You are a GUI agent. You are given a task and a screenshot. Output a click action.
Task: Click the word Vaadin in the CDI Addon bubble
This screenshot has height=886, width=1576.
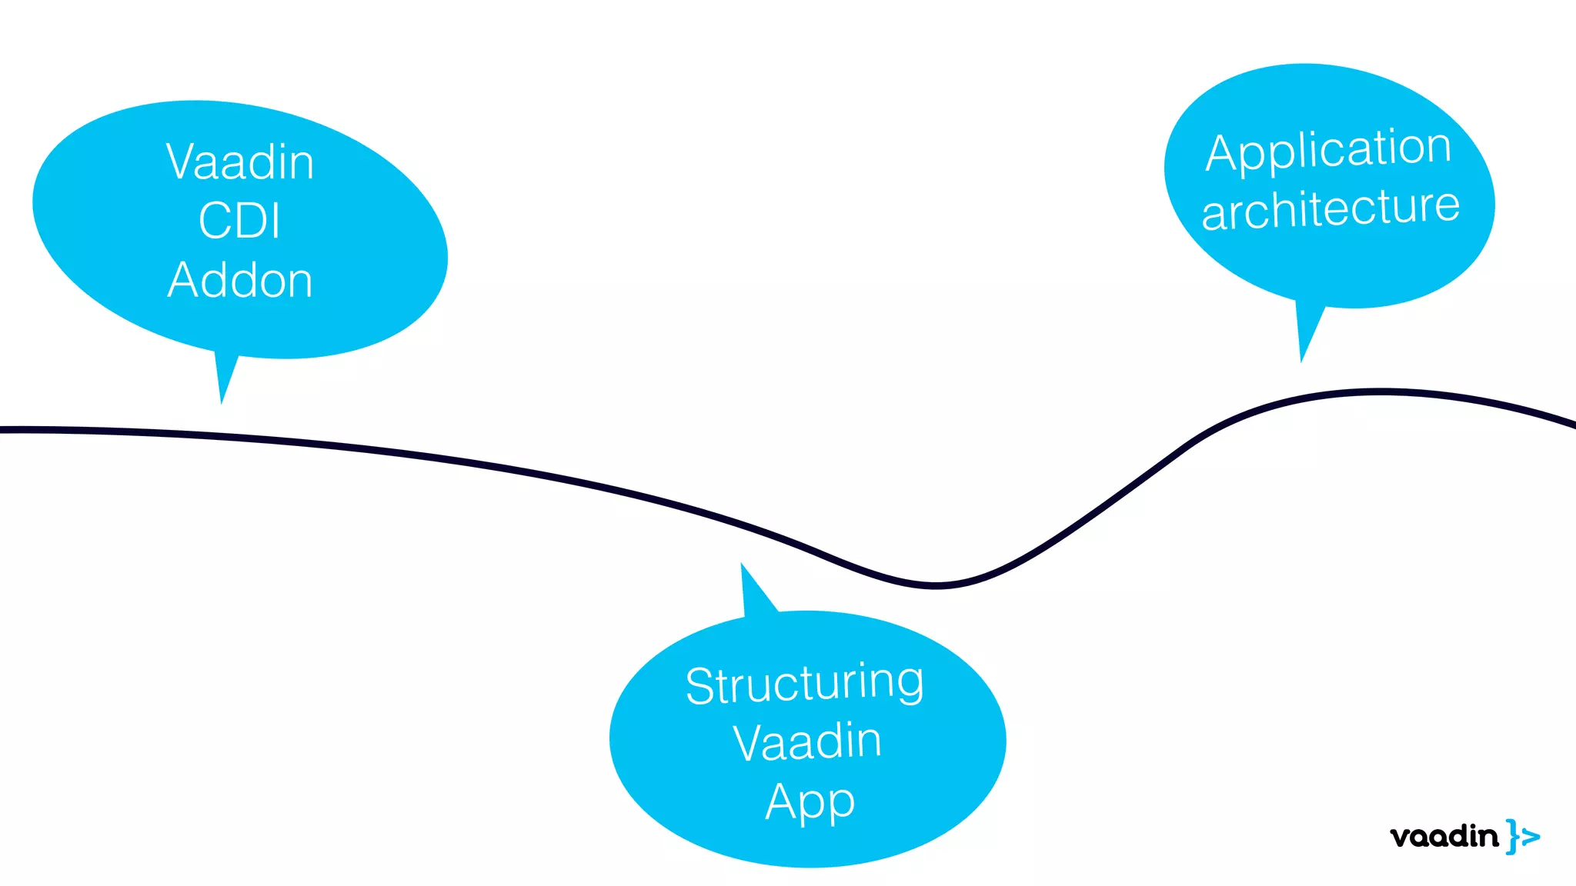tap(240, 162)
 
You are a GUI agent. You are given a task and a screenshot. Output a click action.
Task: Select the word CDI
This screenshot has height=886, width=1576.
tap(239, 221)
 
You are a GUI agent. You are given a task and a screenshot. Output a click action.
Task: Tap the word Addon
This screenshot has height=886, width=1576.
tap(240, 280)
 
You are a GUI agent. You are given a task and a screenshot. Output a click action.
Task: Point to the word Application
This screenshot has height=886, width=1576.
tap(1328, 151)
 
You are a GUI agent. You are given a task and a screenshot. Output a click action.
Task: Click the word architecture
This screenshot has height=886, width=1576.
tap(1331, 208)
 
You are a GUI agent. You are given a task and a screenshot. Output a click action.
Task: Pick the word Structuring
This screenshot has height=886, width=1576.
tap(804, 684)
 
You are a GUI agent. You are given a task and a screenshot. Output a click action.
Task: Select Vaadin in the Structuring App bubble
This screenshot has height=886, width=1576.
tap(807, 742)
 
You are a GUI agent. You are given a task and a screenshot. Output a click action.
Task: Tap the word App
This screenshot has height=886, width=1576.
tap(810, 802)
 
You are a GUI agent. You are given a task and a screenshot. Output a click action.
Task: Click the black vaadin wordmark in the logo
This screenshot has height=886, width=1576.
tap(1444, 836)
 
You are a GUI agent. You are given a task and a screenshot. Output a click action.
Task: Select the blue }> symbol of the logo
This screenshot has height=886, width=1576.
tap(1523, 836)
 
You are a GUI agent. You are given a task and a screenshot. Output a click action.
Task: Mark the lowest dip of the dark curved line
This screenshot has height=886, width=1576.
tap(935, 586)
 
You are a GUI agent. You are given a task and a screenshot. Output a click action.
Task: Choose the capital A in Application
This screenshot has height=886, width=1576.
tap(1223, 154)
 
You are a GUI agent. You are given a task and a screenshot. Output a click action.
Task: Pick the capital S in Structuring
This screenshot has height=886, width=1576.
tap(700, 686)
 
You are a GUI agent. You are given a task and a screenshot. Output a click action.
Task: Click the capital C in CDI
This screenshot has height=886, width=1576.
tap(215, 221)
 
